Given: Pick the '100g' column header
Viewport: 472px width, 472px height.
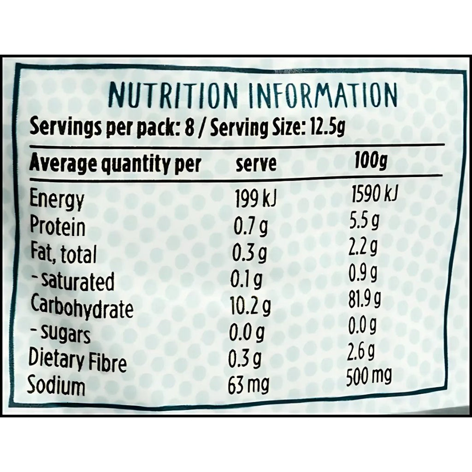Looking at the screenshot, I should click(371, 163).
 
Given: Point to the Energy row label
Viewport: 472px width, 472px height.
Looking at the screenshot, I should click(57, 200).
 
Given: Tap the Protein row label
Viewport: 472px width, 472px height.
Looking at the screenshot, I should click(58, 227).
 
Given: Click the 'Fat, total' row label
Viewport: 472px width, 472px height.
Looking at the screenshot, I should click(64, 254).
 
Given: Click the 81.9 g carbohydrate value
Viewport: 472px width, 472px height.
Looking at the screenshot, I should click(365, 302).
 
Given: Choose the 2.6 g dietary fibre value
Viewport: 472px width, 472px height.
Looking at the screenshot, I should click(362, 354).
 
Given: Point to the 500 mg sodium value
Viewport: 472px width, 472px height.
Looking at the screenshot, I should click(369, 379).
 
